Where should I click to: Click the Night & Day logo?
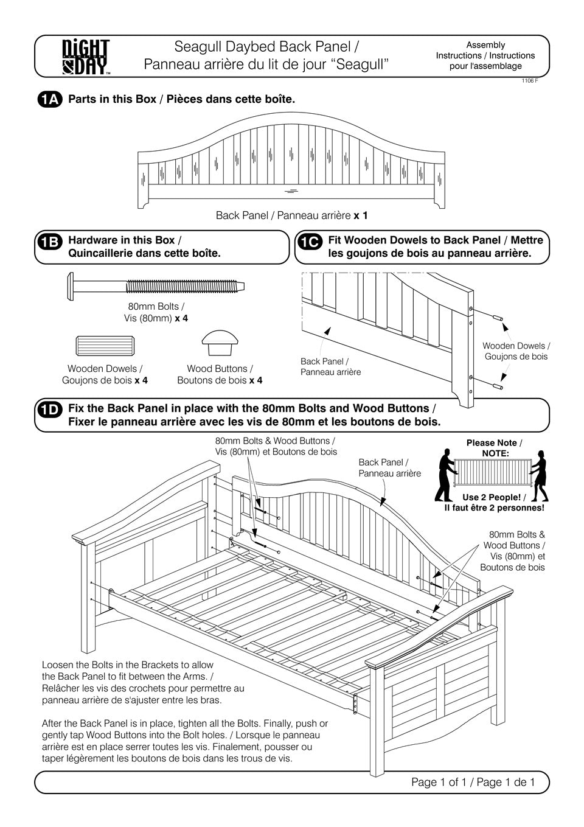86,57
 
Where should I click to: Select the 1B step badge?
49,242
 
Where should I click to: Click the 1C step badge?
309,242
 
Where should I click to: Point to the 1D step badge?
49,410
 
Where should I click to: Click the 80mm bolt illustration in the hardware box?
155,284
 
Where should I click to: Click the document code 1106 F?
530,81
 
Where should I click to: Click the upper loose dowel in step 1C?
496,318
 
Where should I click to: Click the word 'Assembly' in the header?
485,45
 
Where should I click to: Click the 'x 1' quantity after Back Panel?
360,215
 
